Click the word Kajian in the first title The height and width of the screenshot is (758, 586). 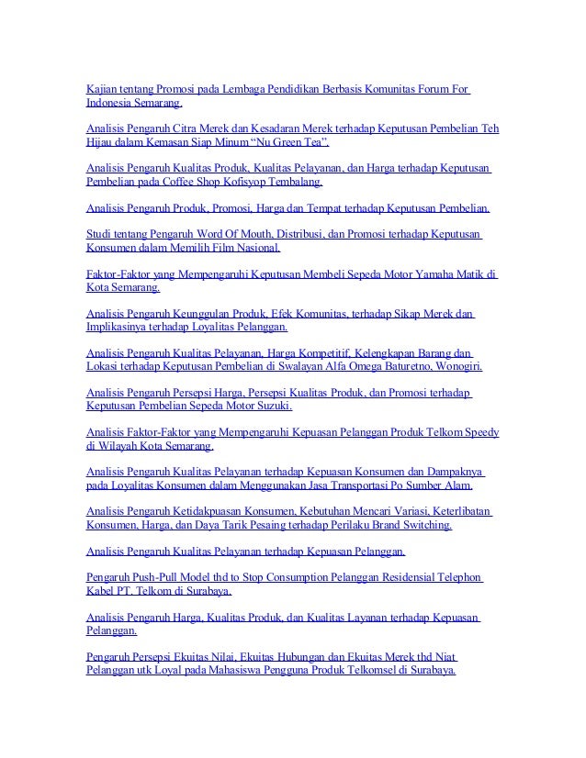pos(100,89)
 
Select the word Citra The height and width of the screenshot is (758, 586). pos(200,128)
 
